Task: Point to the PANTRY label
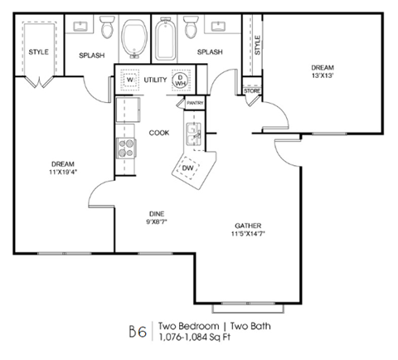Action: tap(195, 103)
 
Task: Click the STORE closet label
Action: tap(252, 90)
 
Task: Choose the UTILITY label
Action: tap(155, 80)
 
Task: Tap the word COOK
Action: tap(159, 132)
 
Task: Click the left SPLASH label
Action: tap(90, 56)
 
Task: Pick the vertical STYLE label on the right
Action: tap(257, 46)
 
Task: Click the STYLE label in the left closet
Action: tap(39, 52)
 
